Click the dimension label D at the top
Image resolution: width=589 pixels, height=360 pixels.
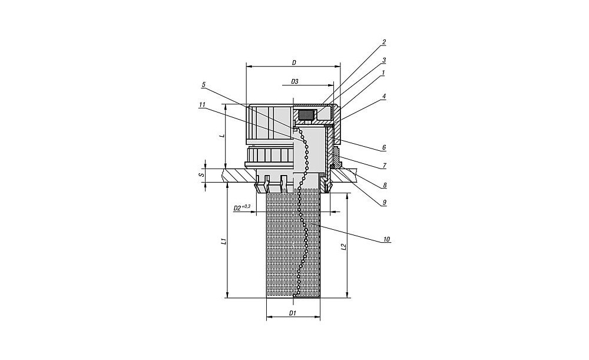[294, 63]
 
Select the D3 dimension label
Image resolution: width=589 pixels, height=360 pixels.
[294, 81]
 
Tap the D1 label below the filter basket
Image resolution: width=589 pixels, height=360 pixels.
[293, 313]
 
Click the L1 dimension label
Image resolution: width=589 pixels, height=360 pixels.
[223, 240]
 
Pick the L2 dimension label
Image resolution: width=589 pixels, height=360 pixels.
[343, 247]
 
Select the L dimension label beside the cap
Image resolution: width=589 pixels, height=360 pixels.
[223, 136]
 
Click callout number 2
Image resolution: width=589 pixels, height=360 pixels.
[384, 42]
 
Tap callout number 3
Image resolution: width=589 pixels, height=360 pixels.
[384, 60]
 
